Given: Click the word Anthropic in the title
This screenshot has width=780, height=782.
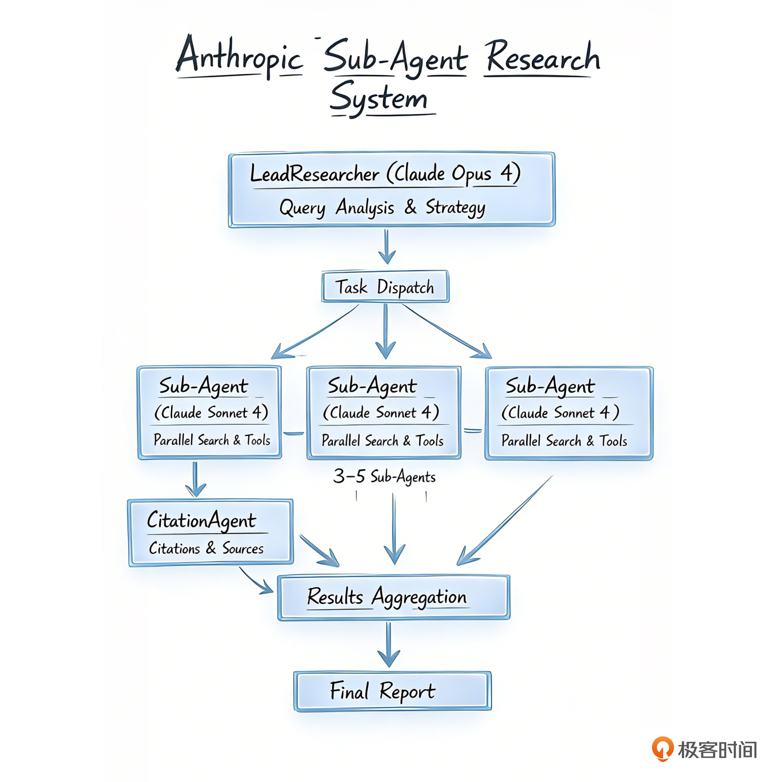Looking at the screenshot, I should coord(239,57).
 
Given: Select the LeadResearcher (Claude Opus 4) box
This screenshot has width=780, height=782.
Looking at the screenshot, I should coord(392,190).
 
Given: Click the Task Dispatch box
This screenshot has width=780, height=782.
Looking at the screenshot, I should coord(385,287).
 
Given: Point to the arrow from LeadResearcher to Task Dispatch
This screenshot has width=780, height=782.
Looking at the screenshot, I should coord(387,247).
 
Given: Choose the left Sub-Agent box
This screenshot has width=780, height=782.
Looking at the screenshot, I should coord(209,412).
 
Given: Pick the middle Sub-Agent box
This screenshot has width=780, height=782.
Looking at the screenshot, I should coord(384,413).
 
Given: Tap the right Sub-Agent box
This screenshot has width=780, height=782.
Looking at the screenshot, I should coord(569,413).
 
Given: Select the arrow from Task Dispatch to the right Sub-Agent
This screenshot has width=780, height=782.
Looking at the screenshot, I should coord(446,331).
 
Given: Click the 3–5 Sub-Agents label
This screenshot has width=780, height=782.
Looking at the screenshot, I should coord(384,476).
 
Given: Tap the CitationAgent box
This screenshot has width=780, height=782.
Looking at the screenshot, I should coord(210,532).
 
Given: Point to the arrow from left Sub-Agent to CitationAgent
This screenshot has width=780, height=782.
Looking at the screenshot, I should coord(196,479).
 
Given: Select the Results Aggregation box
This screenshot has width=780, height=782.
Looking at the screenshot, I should coord(393,597).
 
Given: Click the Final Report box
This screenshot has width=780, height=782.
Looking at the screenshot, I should coord(392,691).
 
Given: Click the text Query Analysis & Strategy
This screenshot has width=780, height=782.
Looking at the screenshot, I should coord(382,208).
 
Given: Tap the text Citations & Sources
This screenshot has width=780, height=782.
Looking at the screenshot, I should coord(206,548).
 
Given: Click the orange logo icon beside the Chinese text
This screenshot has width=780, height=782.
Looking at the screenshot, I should coord(663,749).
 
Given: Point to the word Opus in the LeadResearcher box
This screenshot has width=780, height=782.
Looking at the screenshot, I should coord(471,174).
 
